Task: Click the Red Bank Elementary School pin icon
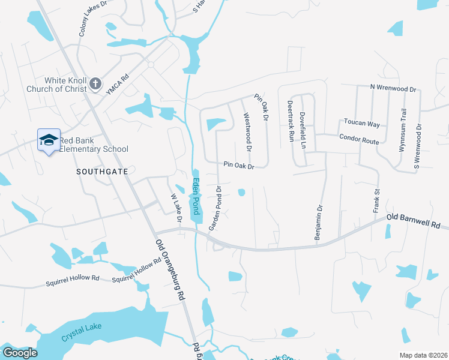49,140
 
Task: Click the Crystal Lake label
82,332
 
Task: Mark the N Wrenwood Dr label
393,88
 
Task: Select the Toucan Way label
361,124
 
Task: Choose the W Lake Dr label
176,206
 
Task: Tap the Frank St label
377,200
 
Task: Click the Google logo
20,353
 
